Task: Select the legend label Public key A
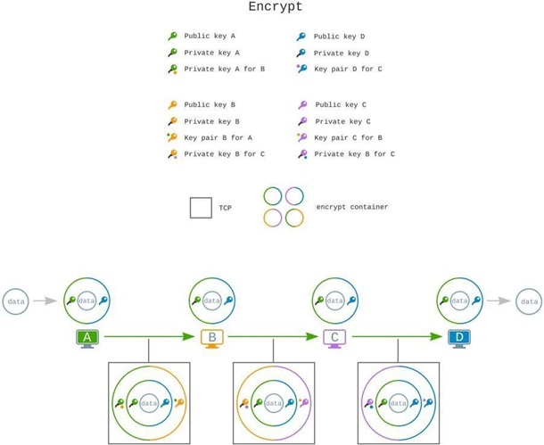pyautogui.click(x=210, y=37)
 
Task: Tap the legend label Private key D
pyautogui.click(x=341, y=53)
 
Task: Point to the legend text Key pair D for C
pyautogui.click(x=348, y=69)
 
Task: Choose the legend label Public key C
pyautogui.click(x=342, y=104)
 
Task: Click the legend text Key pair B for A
pyautogui.click(x=218, y=137)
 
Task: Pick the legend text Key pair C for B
pyautogui.click(x=349, y=137)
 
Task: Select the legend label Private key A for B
pyautogui.click(x=224, y=69)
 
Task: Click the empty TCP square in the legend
pyautogui.click(x=201, y=207)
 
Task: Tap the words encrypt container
pyautogui.click(x=352, y=207)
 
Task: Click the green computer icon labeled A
pyautogui.click(x=87, y=339)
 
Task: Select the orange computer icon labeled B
pyautogui.click(x=212, y=339)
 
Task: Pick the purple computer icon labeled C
pyautogui.click(x=334, y=339)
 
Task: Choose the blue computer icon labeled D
pyautogui.click(x=458, y=339)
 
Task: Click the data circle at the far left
pyautogui.click(x=16, y=301)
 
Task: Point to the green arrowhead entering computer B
pyautogui.click(x=190, y=337)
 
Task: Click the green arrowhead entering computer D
pyautogui.click(x=437, y=337)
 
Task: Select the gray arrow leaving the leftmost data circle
pyautogui.click(x=44, y=301)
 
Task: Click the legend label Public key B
pyautogui.click(x=210, y=104)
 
